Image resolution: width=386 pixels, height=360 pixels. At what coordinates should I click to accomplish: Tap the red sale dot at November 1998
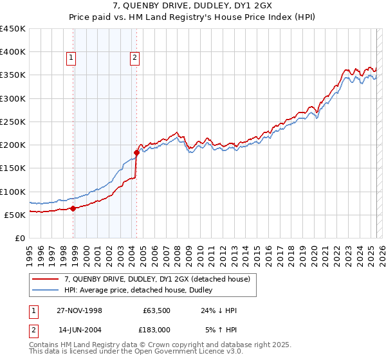tap(73, 208)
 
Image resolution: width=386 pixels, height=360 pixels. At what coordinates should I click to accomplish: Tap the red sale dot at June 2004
tap(136, 153)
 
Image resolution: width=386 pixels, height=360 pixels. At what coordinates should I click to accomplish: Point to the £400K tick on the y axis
tap(13, 52)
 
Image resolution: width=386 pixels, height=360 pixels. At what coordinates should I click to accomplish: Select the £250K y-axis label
tap(13, 122)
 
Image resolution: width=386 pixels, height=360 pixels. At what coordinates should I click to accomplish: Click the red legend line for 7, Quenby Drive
tap(46, 278)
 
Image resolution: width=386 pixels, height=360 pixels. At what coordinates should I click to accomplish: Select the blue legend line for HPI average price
tap(46, 290)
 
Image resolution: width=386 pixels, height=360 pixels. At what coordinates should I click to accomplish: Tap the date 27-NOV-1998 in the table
tap(79, 310)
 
